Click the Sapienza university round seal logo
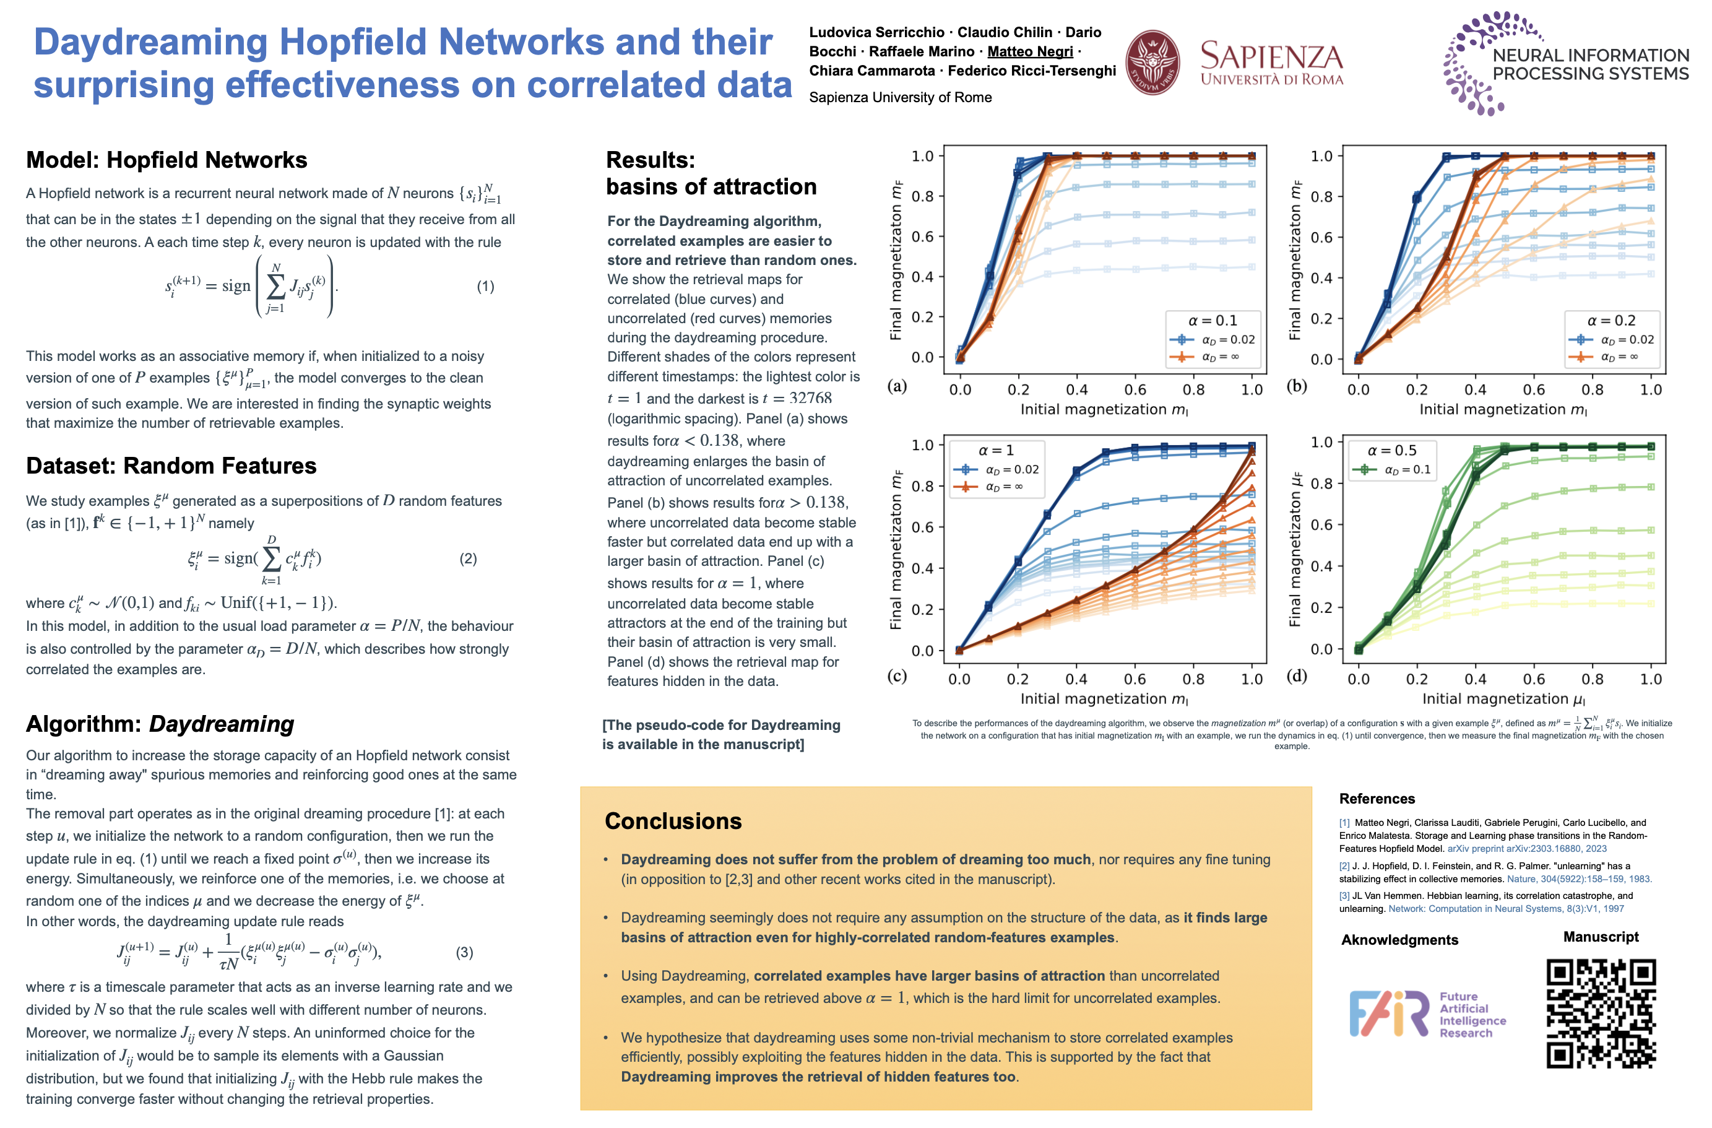[1152, 63]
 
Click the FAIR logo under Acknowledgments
[1388, 1013]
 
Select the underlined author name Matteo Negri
[1030, 51]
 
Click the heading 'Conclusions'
[673, 821]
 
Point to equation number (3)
[464, 952]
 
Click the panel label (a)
[897, 386]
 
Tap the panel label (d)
[1296, 675]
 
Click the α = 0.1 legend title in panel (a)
[1212, 321]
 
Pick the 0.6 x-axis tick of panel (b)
[1534, 390]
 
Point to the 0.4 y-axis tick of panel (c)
[922, 568]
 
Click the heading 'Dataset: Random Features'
[171, 466]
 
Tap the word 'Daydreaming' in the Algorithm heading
[222, 724]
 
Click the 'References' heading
[1377, 799]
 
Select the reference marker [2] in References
[1344, 866]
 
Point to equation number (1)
[485, 286]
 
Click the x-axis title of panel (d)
[1503, 698]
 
